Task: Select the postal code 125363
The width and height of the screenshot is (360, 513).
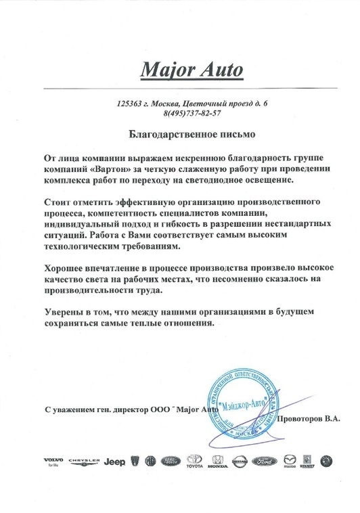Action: tap(129, 103)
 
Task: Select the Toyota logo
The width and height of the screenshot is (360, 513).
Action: tap(194, 462)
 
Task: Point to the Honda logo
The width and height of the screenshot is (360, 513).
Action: tap(217, 462)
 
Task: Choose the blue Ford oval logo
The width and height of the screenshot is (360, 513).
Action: tap(264, 460)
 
